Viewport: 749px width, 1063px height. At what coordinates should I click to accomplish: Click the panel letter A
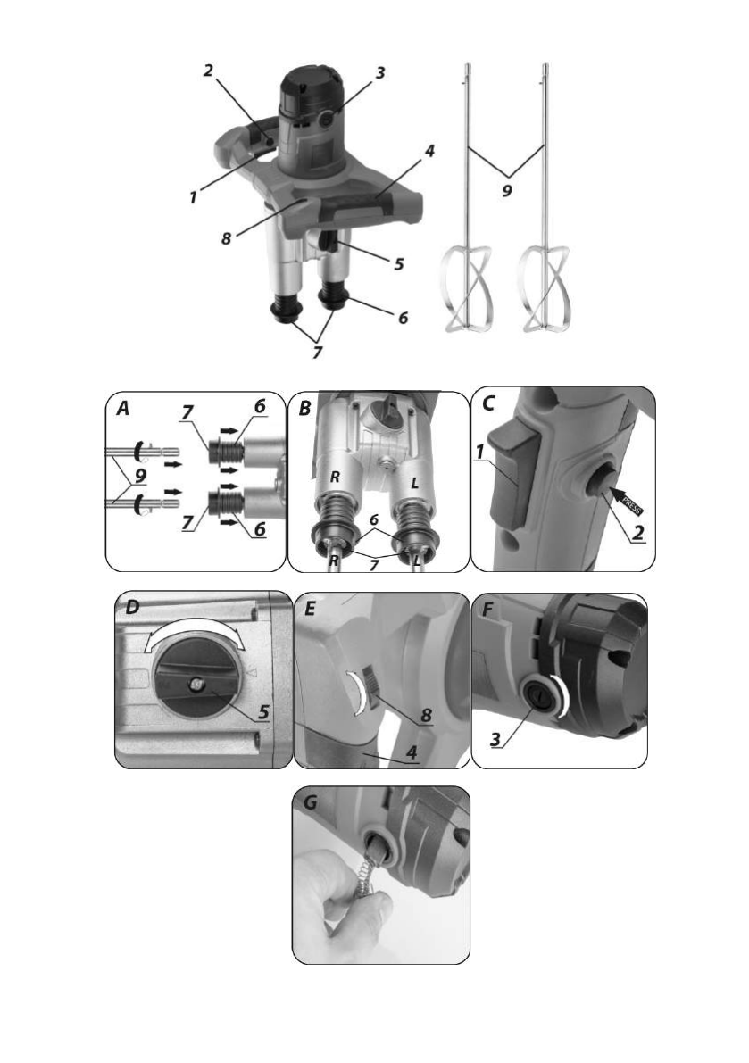coord(122,408)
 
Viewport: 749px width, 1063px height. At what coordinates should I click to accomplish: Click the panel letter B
coord(304,408)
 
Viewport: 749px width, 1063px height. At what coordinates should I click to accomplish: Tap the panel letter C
coord(488,403)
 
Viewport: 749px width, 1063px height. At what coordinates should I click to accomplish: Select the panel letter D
coord(132,608)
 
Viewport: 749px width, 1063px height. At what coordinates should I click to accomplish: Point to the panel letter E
coord(310,609)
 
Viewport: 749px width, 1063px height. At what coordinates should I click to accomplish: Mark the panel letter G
coord(311,803)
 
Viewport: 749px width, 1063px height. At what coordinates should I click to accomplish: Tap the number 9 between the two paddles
coord(507,192)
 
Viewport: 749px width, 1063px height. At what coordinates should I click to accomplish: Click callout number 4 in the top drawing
coord(429,151)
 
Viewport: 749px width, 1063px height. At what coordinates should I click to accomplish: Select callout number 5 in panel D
coord(263,712)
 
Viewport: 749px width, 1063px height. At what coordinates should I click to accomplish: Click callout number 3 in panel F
coord(496,740)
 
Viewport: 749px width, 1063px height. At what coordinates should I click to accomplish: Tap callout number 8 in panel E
coord(426,715)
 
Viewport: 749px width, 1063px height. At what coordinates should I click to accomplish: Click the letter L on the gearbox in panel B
coord(415,484)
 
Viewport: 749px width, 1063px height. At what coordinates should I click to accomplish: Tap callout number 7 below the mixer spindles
coord(317,353)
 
